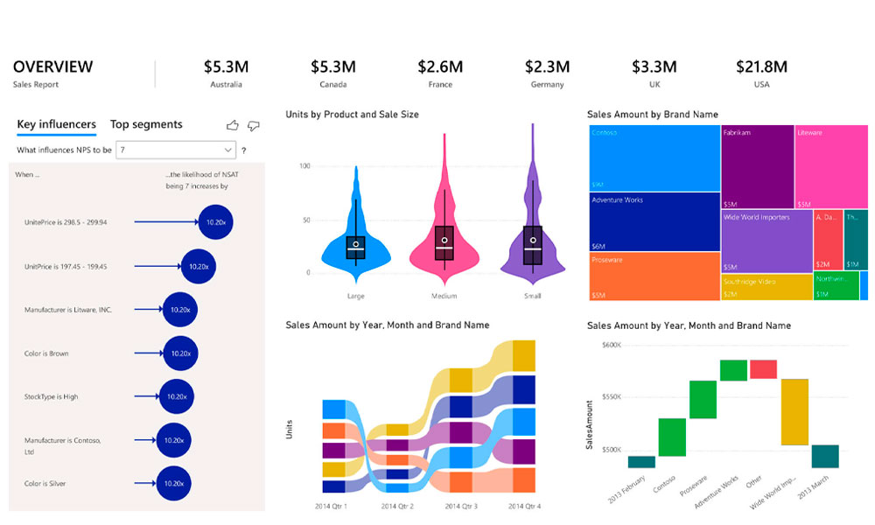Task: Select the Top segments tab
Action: (x=146, y=124)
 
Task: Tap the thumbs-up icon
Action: (x=233, y=125)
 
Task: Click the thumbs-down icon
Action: (x=254, y=125)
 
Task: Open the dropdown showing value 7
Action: (x=176, y=150)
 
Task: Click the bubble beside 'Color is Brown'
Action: (x=180, y=353)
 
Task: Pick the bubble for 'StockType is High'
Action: (x=177, y=396)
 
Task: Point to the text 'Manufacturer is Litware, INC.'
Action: (x=68, y=310)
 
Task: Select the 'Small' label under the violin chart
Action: (x=532, y=296)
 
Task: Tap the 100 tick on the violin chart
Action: (x=305, y=165)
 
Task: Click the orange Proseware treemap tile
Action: (x=654, y=276)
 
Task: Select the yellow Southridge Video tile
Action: (x=766, y=287)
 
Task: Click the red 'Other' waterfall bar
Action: (x=763, y=369)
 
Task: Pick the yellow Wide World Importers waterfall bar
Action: (x=794, y=411)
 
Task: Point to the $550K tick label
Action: (x=610, y=396)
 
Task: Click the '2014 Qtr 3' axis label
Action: (x=461, y=507)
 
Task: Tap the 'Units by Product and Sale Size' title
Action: (x=352, y=115)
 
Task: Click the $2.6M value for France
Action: (x=440, y=66)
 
